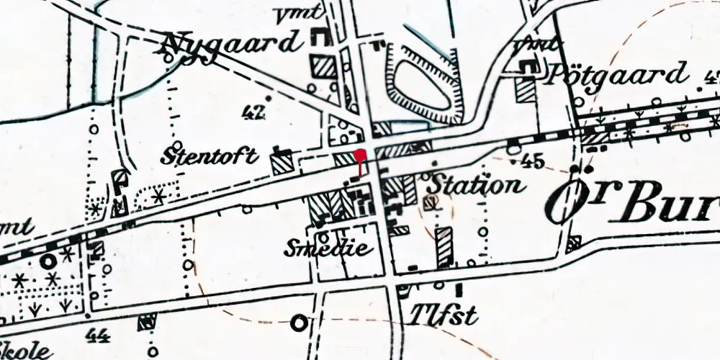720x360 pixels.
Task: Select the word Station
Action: (x=474, y=185)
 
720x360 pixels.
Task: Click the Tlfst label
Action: (x=435, y=314)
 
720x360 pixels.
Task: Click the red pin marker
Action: (x=361, y=155)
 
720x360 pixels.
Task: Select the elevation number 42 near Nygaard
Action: (x=254, y=112)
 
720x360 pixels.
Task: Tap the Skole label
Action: (x=27, y=352)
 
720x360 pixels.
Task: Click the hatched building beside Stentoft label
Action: (x=281, y=164)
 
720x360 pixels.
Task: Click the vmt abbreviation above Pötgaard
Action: (x=541, y=44)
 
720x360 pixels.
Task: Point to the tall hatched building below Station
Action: (x=445, y=248)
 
